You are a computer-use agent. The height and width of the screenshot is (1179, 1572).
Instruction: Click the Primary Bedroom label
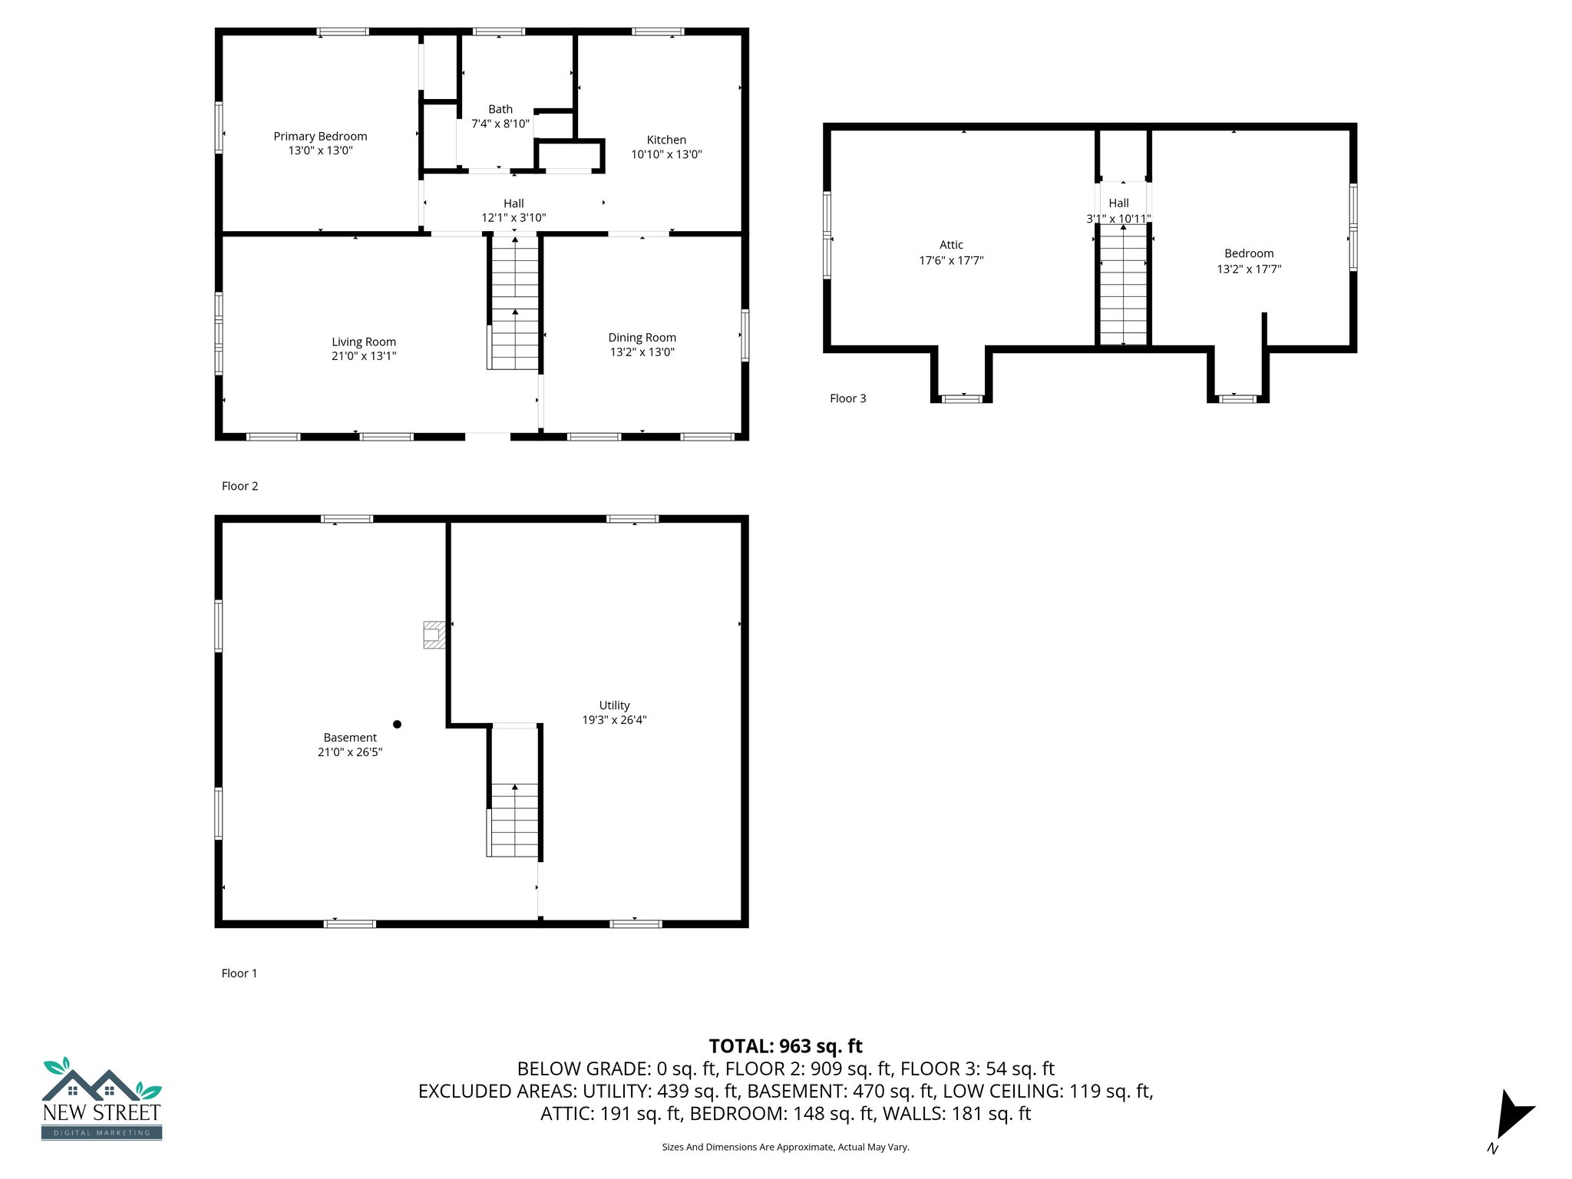pos(320,137)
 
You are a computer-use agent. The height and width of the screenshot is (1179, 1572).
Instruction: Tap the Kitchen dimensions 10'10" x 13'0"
pos(666,154)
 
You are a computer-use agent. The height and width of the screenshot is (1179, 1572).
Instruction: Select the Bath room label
pos(500,110)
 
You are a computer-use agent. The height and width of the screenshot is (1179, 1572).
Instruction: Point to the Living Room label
pos(364,342)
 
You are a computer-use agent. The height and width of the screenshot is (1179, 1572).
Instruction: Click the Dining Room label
pos(642,338)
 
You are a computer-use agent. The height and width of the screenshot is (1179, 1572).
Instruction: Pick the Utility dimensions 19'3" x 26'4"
pos(614,720)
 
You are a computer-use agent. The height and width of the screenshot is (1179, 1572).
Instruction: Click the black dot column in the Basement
pos(397,724)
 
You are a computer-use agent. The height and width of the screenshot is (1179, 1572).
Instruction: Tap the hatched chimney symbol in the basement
pos(434,635)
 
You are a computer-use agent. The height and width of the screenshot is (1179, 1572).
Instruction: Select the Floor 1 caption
pos(239,973)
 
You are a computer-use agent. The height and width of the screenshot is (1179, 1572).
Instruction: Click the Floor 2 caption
pos(239,486)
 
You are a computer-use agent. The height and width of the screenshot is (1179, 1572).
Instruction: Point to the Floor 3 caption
pos(847,398)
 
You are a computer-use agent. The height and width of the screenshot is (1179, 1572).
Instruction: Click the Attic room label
pos(951,245)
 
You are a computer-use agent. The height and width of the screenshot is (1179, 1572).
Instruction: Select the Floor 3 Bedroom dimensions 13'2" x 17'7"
pos(1249,269)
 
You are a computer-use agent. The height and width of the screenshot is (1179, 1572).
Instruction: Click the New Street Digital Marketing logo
pos(101,1099)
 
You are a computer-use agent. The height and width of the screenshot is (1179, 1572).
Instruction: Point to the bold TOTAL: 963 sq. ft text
pos(785,1046)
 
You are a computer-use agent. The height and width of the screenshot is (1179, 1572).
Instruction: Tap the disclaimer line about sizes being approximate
pos(785,1148)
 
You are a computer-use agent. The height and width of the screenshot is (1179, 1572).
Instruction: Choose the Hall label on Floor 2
pos(514,203)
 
